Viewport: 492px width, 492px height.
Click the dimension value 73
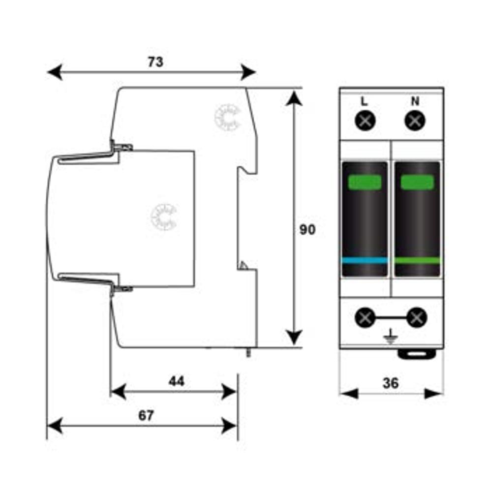(155, 62)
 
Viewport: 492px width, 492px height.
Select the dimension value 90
(307, 230)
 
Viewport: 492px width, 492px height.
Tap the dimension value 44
(177, 381)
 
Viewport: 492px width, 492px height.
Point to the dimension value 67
(146, 415)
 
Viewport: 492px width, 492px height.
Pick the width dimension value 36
(391, 383)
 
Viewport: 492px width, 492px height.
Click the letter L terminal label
(364, 101)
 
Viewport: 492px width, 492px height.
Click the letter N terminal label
(415, 101)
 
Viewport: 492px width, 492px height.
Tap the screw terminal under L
(365, 121)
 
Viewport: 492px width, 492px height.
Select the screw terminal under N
(415, 121)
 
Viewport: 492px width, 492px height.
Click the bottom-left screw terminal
(365, 317)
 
